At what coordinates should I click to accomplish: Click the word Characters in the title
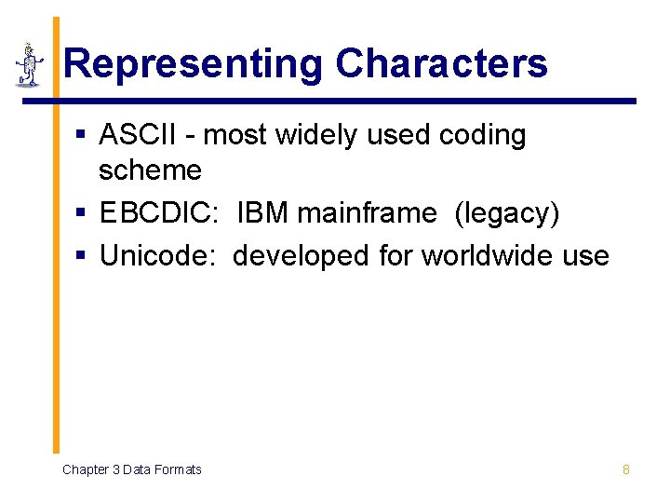click(x=441, y=64)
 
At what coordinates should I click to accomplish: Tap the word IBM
click(x=261, y=213)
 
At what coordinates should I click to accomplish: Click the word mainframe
click(x=366, y=213)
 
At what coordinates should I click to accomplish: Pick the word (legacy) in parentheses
click(x=506, y=214)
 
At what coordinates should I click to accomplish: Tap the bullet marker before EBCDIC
click(x=81, y=214)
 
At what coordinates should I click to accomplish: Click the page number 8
click(x=625, y=469)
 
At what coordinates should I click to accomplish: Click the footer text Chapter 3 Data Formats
click(x=131, y=469)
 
